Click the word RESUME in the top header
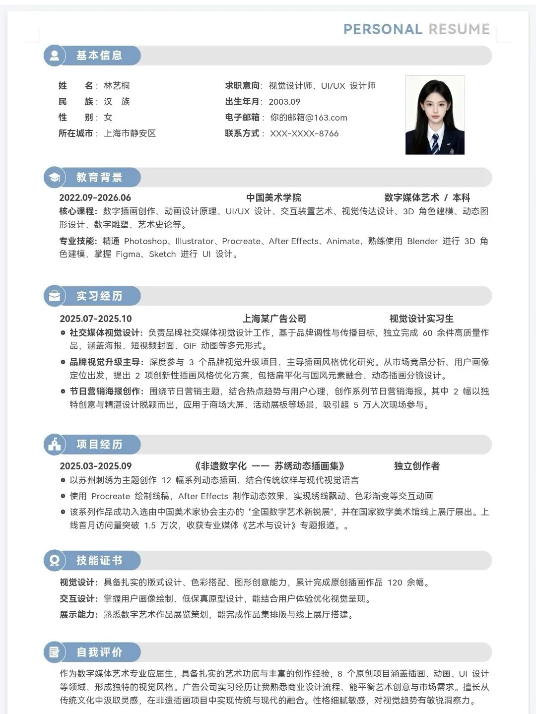click(x=459, y=29)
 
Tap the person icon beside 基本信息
click(x=55, y=56)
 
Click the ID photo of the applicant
click(x=435, y=115)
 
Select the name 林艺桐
click(x=117, y=86)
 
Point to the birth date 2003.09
click(x=284, y=102)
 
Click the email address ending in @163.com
click(x=308, y=118)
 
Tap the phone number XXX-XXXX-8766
click(x=304, y=133)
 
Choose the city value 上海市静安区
click(x=130, y=133)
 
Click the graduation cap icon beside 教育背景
click(x=55, y=178)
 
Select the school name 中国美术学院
click(x=273, y=197)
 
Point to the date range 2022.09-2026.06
click(x=95, y=197)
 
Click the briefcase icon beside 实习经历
click(x=55, y=296)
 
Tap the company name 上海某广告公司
click(x=274, y=319)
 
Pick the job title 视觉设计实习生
click(x=421, y=319)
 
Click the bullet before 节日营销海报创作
click(x=63, y=391)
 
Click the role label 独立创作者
click(x=416, y=466)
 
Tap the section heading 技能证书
click(x=99, y=561)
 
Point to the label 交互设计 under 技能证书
click(x=78, y=598)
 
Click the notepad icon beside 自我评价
click(x=55, y=652)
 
